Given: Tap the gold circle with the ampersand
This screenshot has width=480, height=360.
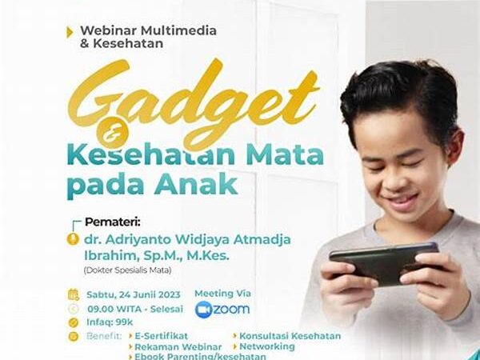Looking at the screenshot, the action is click(112, 133).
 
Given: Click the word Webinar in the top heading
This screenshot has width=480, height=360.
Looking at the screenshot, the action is click(108, 30).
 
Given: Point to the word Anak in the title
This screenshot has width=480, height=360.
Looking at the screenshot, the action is click(196, 185).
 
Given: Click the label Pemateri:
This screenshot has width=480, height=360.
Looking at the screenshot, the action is click(112, 222).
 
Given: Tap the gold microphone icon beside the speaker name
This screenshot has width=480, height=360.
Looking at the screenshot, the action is click(73, 239).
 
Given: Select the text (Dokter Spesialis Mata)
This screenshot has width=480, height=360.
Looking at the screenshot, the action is click(127, 270).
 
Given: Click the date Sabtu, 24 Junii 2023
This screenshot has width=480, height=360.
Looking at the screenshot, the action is click(134, 294).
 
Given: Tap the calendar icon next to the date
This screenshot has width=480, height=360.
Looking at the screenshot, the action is click(73, 294).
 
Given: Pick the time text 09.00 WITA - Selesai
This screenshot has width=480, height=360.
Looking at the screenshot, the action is click(135, 309).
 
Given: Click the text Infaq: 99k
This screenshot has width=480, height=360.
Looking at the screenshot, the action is click(110, 322).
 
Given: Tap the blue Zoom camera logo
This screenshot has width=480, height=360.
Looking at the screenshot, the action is click(203, 310).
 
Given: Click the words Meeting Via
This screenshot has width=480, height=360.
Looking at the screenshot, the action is click(223, 294).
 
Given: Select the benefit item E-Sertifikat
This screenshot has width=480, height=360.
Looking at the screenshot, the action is click(162, 336).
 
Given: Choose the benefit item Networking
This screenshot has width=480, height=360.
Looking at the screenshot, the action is click(267, 346).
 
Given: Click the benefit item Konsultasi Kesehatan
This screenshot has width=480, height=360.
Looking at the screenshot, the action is click(290, 336).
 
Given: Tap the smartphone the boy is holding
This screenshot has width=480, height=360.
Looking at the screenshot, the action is click(385, 262).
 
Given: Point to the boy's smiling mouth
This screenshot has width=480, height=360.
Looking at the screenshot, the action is click(402, 202).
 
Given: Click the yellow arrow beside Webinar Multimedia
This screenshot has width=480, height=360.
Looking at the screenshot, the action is click(70, 33).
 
